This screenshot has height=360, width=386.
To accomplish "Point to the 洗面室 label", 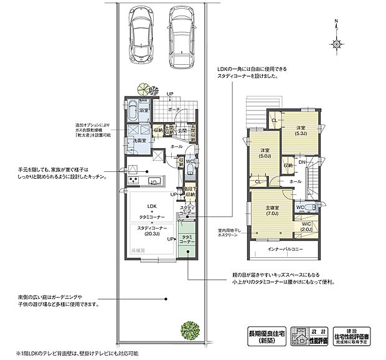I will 139,141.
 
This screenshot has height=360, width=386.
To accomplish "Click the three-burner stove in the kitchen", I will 133,181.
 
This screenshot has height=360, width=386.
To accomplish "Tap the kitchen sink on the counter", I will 155,181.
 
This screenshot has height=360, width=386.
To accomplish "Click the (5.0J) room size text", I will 265,157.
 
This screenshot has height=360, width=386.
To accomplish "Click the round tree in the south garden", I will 189,329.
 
